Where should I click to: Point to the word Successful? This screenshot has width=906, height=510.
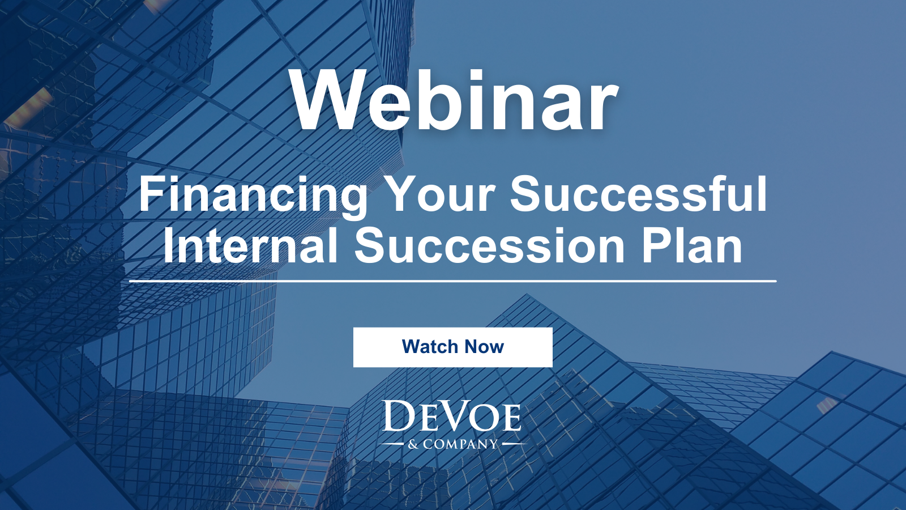(638, 194)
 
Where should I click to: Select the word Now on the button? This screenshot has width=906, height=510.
(484, 347)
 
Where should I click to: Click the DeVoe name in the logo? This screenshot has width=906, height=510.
(452, 417)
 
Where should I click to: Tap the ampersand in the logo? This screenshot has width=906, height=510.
(413, 445)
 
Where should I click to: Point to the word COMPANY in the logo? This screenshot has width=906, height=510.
(460, 445)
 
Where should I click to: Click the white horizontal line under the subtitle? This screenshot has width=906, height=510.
(453, 280)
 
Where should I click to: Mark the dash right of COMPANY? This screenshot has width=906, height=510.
(514, 444)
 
